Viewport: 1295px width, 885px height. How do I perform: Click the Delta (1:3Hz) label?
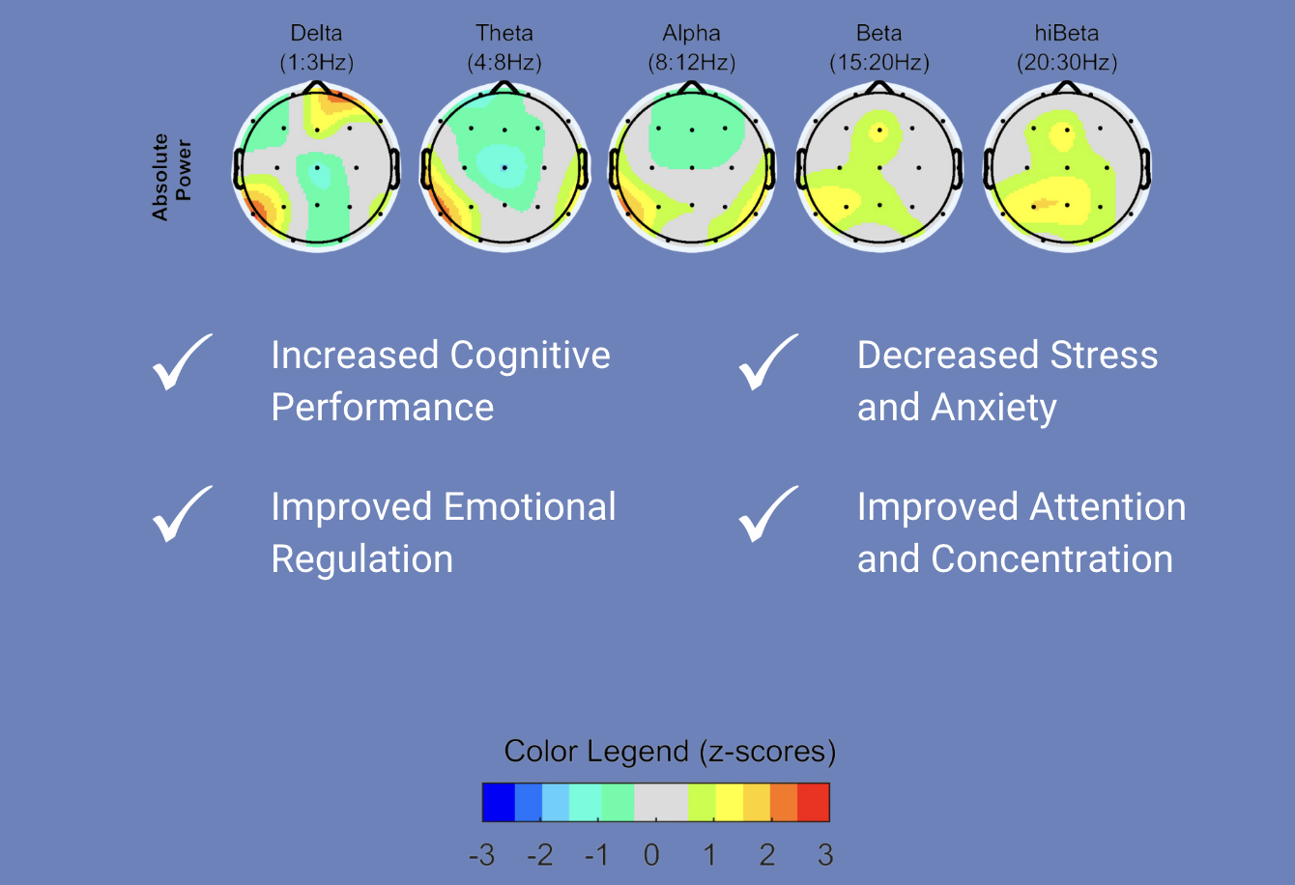[316, 48]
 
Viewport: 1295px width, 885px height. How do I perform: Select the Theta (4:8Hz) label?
[504, 48]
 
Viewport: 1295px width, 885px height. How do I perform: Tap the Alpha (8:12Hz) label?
[691, 48]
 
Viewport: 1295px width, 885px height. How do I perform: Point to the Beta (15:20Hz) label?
[878, 48]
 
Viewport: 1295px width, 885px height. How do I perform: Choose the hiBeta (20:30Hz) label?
[1066, 48]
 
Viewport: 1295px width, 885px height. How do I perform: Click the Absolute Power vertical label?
[171, 176]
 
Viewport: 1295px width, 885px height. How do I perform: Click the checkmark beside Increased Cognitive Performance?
[181, 363]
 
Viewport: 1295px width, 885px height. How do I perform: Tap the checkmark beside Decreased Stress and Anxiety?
[767, 363]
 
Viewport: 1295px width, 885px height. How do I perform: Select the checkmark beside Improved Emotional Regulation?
[181, 514]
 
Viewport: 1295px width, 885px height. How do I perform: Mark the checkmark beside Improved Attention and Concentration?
[767, 514]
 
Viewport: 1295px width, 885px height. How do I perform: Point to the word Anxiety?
[993, 408]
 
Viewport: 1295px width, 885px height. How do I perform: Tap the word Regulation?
[361, 559]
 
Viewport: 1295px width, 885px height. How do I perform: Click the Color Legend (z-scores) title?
[670, 752]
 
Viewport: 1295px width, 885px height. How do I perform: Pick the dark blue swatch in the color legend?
[498, 802]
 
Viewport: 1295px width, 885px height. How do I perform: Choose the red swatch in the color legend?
[814, 802]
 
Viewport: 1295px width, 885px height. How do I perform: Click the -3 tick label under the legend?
[481, 855]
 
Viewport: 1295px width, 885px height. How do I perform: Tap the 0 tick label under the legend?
[651, 855]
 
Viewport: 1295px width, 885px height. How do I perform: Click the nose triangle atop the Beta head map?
[878, 87]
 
